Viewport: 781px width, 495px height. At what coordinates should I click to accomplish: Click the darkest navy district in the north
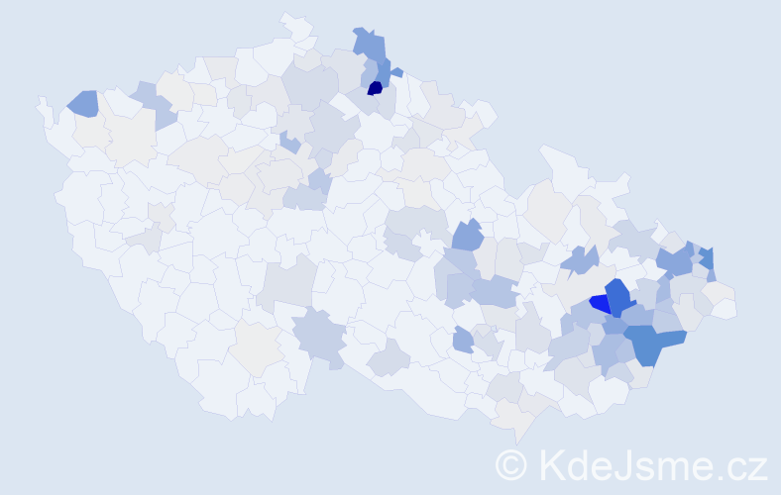point(375,88)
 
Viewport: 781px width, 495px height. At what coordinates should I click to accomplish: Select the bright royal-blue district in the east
point(599,303)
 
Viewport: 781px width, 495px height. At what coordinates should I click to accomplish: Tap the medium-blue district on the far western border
point(83,102)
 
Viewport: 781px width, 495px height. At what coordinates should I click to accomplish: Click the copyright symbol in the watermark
point(511,464)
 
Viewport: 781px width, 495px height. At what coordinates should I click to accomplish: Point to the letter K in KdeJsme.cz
point(551,464)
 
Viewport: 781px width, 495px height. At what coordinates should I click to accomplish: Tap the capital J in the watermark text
point(621,464)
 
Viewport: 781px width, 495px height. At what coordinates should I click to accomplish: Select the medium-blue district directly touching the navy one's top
point(380,70)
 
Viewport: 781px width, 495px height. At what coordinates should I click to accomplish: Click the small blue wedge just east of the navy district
point(395,72)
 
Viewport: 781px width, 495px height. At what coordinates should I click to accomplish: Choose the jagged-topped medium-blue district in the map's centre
point(467,237)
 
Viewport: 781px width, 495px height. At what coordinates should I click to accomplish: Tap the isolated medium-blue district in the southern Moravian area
point(463,341)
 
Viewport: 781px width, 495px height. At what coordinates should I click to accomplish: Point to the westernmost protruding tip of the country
point(41,102)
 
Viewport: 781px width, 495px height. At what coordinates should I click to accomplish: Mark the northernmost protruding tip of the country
point(286,17)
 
